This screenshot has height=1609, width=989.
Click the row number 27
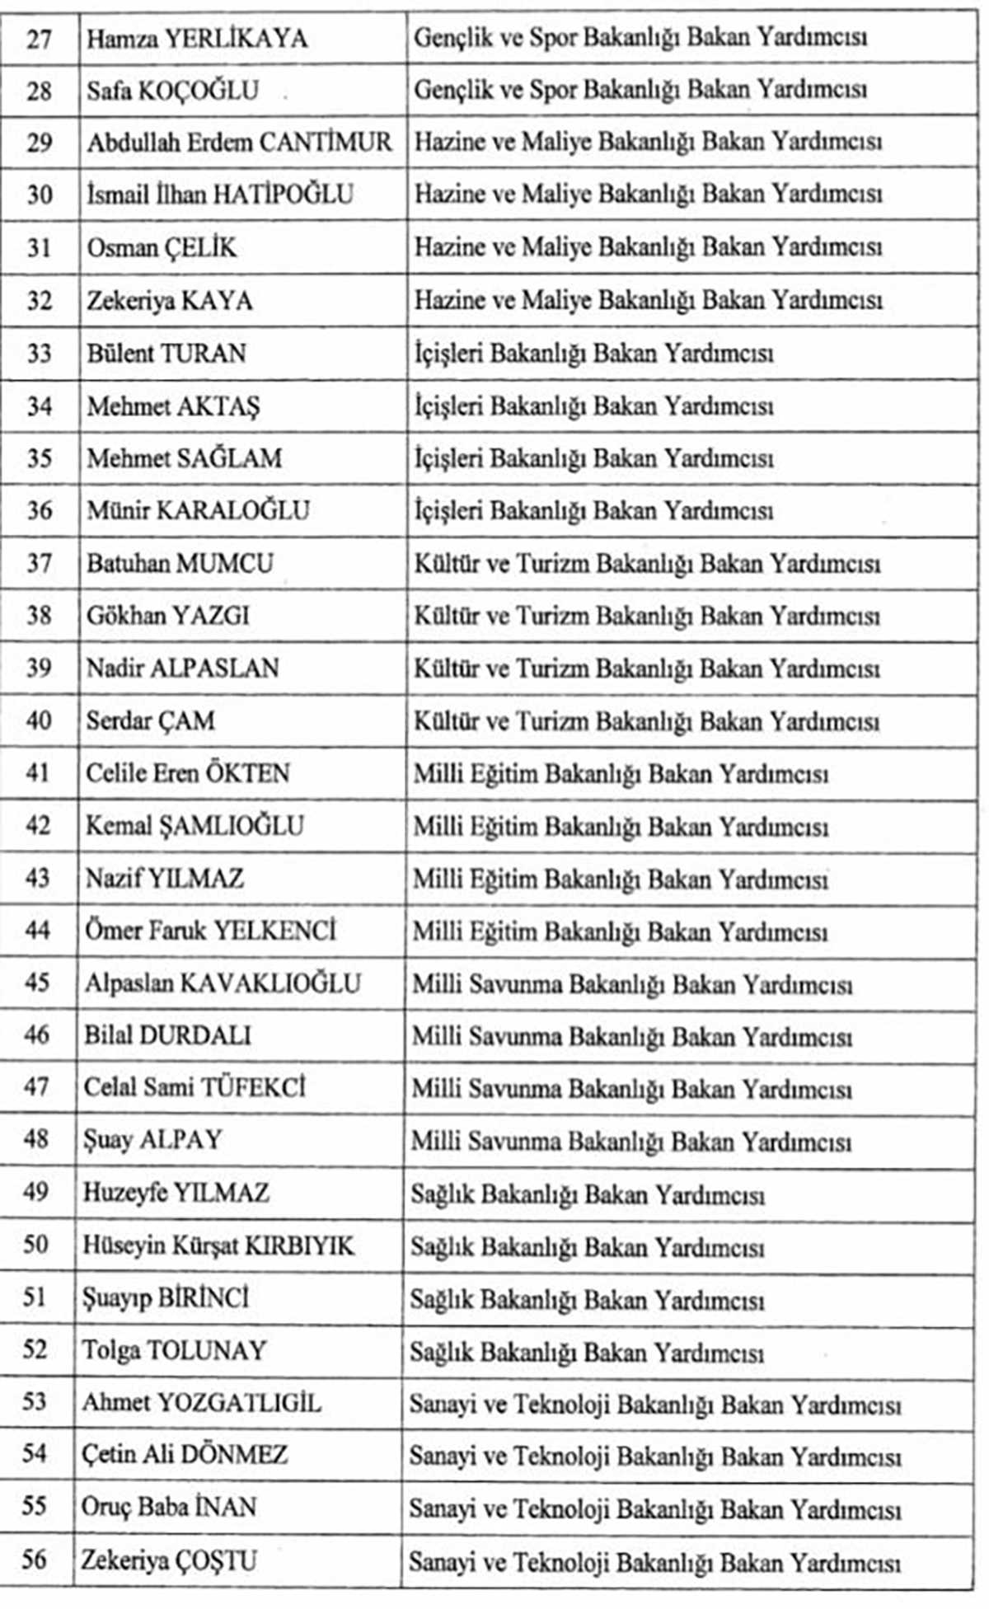click(x=39, y=39)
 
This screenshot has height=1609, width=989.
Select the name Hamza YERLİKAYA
click(x=197, y=39)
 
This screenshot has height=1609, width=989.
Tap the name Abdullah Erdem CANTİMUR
click(x=240, y=143)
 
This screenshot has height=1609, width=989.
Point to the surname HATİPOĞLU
click(x=284, y=195)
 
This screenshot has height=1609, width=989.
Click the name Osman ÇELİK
click(x=162, y=247)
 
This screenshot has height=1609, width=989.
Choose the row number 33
click(x=39, y=353)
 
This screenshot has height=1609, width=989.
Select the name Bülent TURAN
click(x=166, y=353)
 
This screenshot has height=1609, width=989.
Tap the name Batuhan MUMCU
click(x=180, y=564)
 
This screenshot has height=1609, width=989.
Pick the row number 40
click(x=38, y=720)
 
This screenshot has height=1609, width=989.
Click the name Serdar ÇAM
click(x=151, y=720)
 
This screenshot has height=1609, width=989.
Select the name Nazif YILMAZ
click(x=165, y=878)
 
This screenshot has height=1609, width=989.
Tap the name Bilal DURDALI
click(x=167, y=1035)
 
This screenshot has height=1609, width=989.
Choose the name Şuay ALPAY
click(x=152, y=1140)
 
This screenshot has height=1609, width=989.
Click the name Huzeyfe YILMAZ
click(x=176, y=1193)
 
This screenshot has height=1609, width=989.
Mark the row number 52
click(x=35, y=1350)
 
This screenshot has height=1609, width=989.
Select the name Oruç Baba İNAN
click(x=169, y=1508)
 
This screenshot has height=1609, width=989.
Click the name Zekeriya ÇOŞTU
click(x=169, y=1560)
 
